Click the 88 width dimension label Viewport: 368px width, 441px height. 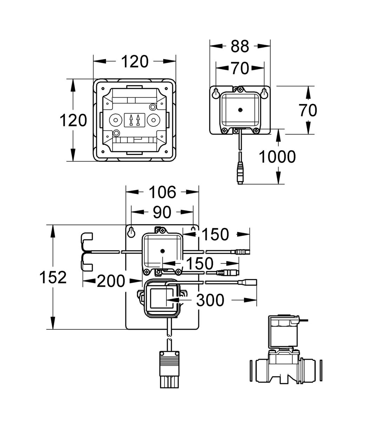coord(240,46)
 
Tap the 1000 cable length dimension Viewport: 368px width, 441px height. coord(277,157)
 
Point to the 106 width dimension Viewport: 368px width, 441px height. coord(162,192)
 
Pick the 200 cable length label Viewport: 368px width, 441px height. coord(111,281)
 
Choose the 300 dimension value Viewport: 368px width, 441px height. coord(210,300)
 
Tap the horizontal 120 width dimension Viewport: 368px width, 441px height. coord(135,62)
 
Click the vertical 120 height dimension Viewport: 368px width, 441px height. coord(73,120)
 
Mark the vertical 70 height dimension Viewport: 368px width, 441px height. coord(308,110)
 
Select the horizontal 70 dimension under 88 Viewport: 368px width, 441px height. coord(240,68)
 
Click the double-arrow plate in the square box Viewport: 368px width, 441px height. coord(135,120)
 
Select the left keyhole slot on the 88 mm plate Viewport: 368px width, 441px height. coord(216,93)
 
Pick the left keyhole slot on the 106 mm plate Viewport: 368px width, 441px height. coord(131,232)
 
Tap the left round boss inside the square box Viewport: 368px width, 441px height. coord(116,120)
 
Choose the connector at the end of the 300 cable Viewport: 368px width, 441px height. coord(247,282)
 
